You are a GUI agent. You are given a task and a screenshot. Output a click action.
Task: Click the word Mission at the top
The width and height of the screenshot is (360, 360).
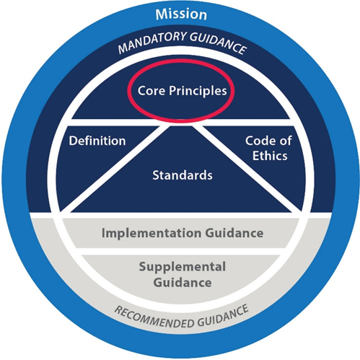tap(181, 14)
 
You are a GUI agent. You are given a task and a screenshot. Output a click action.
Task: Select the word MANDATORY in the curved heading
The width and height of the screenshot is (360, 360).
tap(152, 42)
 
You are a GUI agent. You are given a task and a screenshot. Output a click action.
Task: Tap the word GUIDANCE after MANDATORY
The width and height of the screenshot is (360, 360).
tap(219, 43)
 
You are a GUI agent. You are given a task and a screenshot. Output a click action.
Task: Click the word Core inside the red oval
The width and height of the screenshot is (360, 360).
tap(152, 91)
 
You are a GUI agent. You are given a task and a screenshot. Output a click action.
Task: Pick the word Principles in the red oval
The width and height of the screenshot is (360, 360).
tap(198, 91)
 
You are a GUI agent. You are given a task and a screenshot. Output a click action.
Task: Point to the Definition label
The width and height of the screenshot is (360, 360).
tap(97, 141)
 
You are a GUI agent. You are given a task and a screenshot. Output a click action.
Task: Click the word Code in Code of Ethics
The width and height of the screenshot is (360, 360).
tap(259, 141)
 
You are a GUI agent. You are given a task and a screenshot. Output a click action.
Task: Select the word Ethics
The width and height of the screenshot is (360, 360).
tap(270, 156)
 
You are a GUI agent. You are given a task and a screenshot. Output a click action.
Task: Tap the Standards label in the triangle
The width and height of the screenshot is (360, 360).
tap(183, 175)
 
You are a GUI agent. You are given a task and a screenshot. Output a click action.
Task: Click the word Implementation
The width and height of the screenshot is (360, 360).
tap(152, 233)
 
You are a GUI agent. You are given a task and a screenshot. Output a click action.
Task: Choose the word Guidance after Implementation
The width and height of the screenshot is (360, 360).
tap(234, 233)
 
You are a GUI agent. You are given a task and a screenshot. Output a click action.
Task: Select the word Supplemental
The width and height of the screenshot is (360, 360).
tap(183, 267)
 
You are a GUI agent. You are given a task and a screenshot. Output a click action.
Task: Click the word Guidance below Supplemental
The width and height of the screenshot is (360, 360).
tap(183, 282)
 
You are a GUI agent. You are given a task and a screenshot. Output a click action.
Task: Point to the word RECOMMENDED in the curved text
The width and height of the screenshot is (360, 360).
tap(154, 318)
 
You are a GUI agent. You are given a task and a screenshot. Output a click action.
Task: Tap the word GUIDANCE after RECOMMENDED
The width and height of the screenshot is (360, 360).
tap(223, 316)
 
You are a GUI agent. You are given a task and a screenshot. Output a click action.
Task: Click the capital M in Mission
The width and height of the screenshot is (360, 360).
tap(162, 14)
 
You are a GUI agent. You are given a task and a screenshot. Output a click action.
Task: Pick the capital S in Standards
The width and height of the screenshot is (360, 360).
tap(156, 175)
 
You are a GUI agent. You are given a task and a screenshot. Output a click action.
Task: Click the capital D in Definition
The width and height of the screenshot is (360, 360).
tap(73, 141)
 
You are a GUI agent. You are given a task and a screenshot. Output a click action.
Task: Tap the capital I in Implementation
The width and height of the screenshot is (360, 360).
tap(103, 233)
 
